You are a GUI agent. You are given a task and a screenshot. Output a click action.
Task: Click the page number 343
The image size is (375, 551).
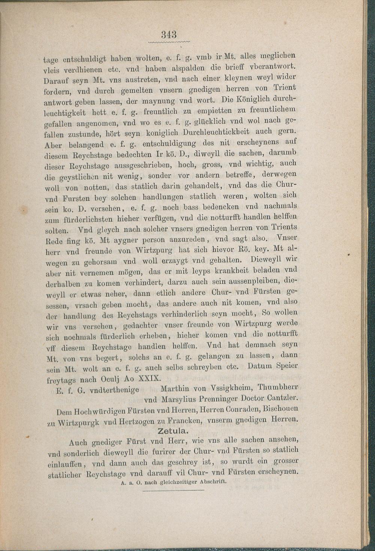pos(169,35)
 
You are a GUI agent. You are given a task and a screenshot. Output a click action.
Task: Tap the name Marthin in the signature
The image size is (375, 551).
pos(175,389)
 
